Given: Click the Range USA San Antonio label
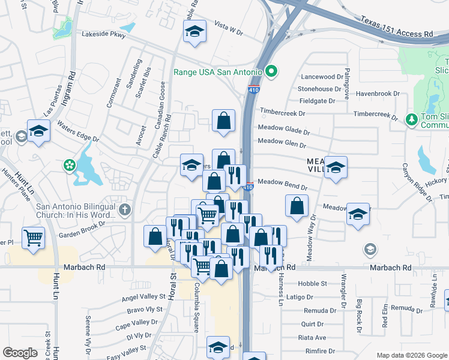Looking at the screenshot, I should coord(217,72).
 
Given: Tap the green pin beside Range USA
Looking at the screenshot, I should coord(271,72).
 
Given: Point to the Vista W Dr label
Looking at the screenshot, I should coord(228,27).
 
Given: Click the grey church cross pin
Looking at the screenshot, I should coord(124,209).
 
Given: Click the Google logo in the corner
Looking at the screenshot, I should coord(20,353).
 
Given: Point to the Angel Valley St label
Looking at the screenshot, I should coord(143,297).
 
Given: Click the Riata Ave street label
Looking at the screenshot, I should coord(312,338).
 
